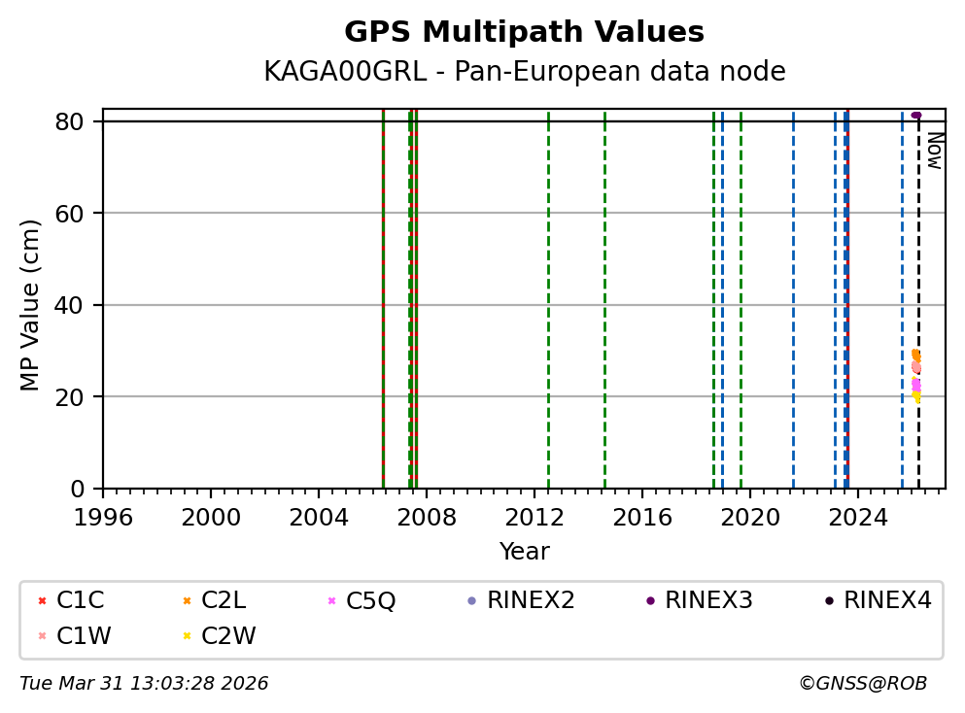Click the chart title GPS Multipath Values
(524, 32)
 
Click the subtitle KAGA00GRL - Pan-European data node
(524, 72)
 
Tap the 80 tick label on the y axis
(81, 121)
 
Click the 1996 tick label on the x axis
(103, 517)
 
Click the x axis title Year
(524, 552)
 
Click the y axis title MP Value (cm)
(31, 305)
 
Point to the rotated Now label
(934, 151)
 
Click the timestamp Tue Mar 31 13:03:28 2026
(144, 684)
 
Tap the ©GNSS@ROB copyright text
(862, 684)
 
